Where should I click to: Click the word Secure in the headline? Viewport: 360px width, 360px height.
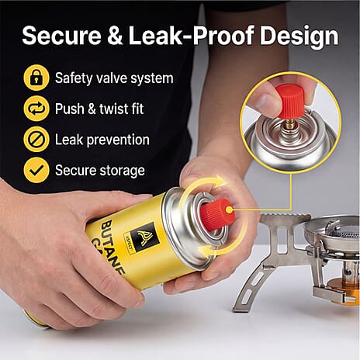(61, 35)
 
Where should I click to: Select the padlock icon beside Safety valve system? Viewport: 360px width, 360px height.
(36, 78)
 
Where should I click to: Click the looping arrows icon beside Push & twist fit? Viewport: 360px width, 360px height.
(36, 109)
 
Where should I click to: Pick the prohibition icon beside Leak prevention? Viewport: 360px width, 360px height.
(36, 140)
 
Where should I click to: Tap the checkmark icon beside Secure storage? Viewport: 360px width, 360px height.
(36, 170)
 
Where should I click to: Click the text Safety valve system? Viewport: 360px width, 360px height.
(114, 78)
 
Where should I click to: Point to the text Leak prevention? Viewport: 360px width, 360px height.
(102, 140)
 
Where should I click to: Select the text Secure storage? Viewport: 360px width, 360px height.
(100, 171)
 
